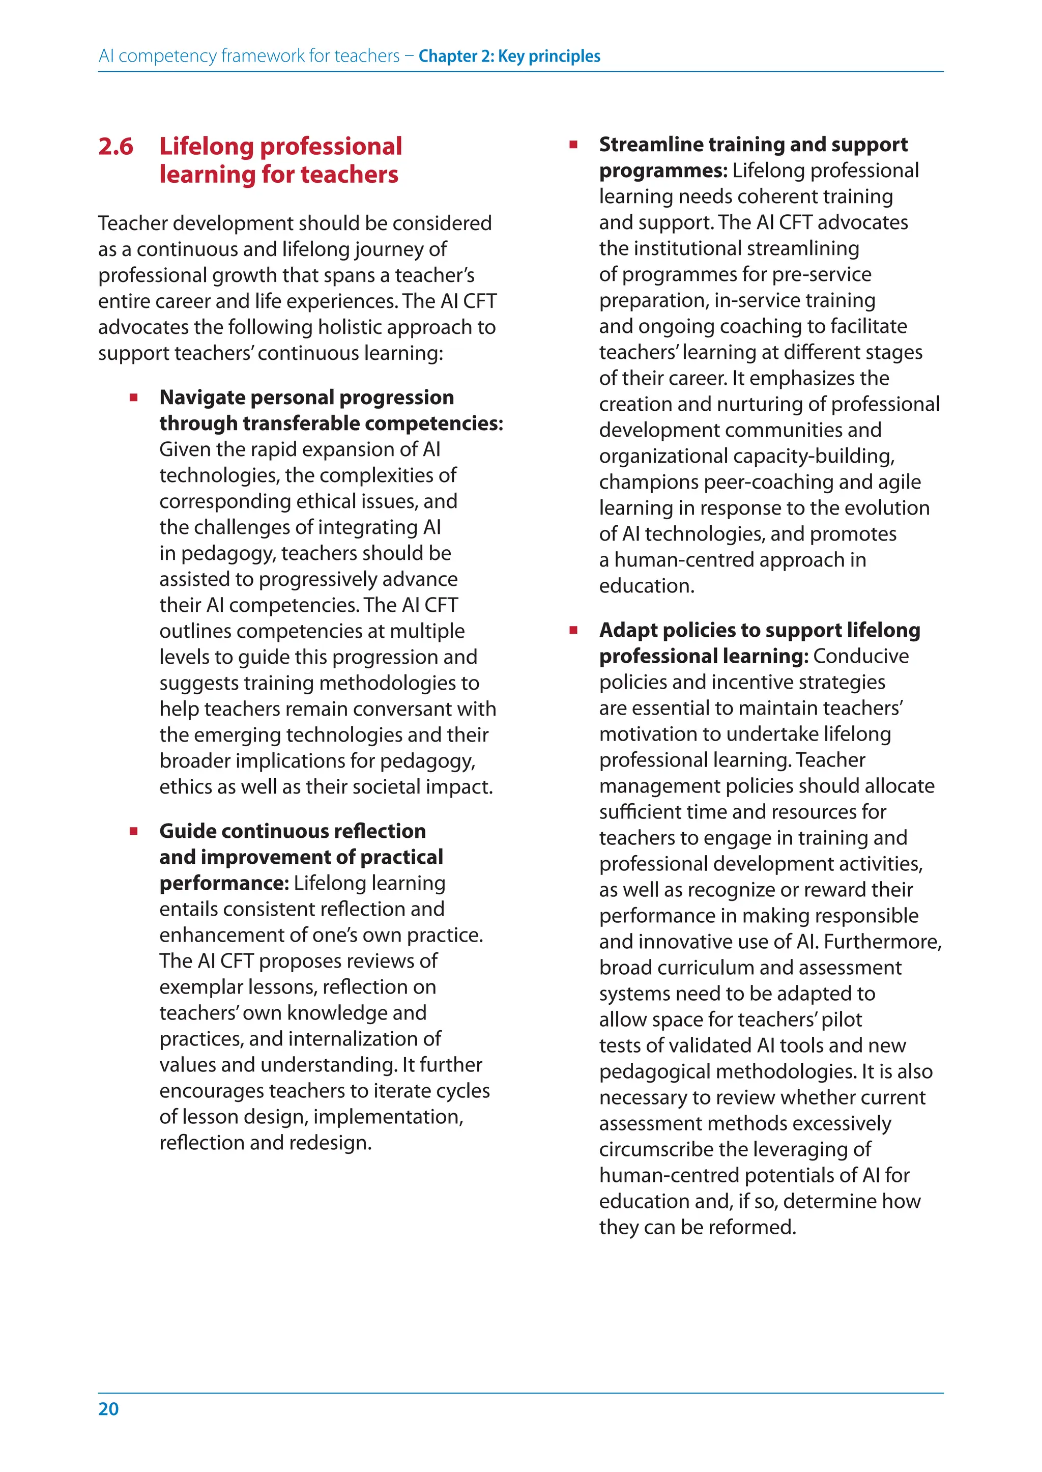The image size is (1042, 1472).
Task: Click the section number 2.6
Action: coord(115,147)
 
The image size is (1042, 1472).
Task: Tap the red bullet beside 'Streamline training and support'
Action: coord(573,145)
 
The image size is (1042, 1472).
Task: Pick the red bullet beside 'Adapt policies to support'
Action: coord(573,631)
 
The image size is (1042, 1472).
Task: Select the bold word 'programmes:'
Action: coord(663,171)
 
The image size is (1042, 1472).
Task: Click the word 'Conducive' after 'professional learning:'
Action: coord(860,656)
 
